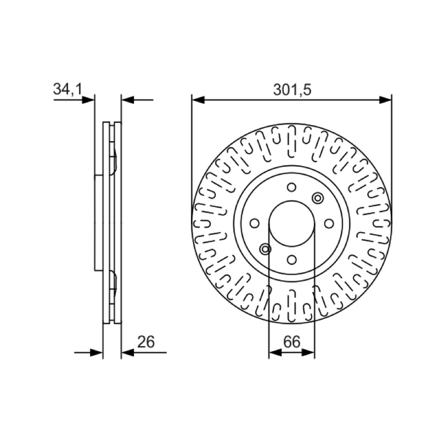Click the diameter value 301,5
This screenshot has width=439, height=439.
[x=292, y=90]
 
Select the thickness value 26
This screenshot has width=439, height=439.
[x=146, y=342]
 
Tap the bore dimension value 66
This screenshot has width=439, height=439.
[x=291, y=342]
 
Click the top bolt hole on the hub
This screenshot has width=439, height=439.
[x=292, y=187]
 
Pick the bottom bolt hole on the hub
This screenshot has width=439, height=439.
[x=292, y=260]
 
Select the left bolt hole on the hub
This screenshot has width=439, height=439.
[x=255, y=223]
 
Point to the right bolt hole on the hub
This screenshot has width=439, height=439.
[x=329, y=223]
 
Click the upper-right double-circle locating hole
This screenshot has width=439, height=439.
[x=318, y=198]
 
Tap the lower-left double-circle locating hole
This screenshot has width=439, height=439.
[x=265, y=249]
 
